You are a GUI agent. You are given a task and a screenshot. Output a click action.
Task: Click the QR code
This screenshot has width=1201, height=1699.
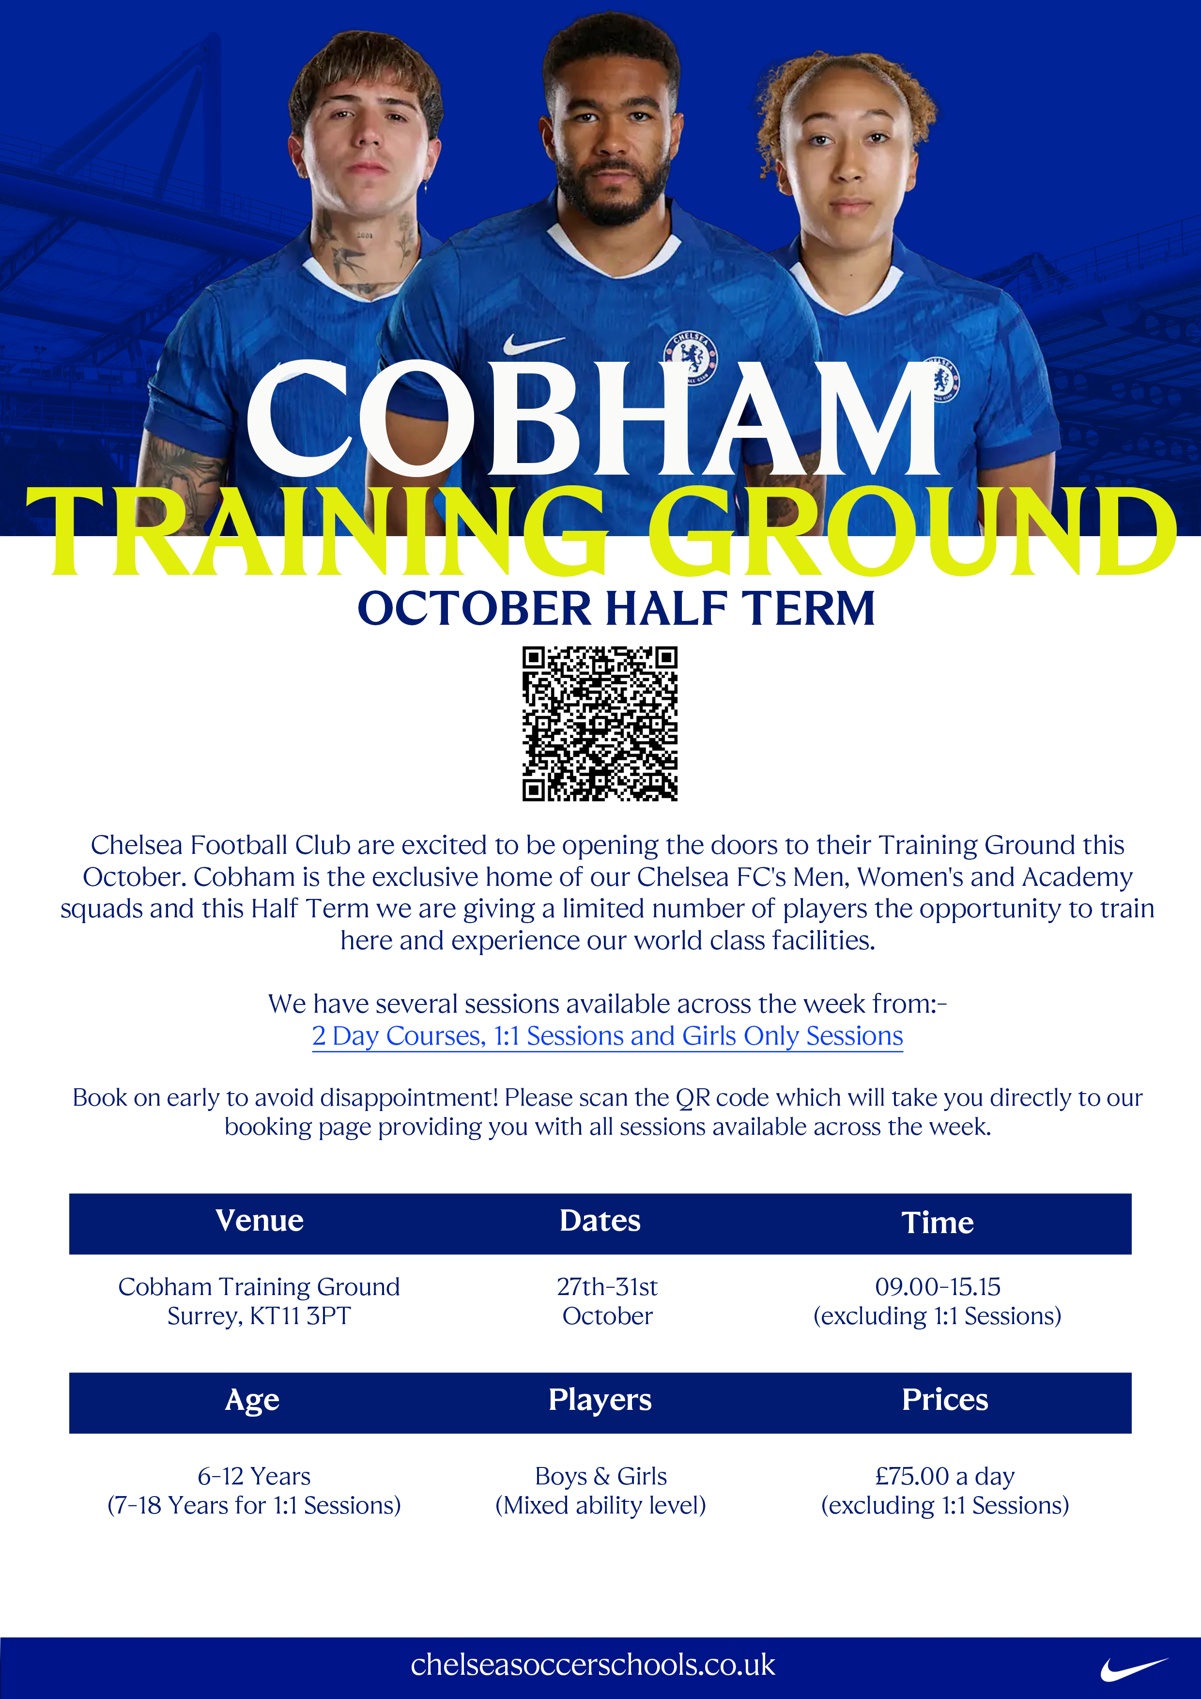pos(600,724)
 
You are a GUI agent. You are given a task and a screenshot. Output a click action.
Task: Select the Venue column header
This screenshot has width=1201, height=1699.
pos(260,1220)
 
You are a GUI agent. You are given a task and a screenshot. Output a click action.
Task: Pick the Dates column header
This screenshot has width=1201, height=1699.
pos(600,1220)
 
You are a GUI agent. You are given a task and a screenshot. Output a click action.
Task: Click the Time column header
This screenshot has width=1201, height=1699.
pos(938,1222)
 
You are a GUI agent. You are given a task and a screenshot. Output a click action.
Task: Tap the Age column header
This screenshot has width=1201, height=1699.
pos(252,1400)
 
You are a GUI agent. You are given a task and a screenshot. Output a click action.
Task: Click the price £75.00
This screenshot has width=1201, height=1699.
pos(912,1476)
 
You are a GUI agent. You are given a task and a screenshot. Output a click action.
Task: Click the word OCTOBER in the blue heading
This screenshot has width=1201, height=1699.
pos(474,608)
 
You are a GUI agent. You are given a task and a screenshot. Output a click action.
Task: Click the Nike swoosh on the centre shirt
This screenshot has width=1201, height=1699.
pos(534,343)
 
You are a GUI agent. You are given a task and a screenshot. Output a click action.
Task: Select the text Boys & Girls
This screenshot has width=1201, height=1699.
pos(601,1476)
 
